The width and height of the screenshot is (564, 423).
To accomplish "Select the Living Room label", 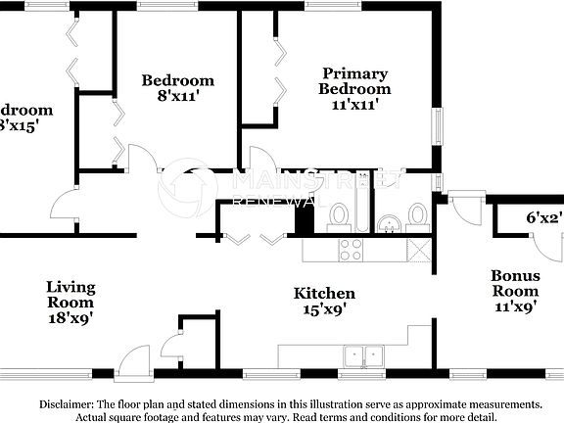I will coord(71,295).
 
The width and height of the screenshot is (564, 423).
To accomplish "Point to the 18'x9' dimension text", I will coord(71,317).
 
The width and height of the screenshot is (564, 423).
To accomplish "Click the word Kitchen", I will coord(325,294).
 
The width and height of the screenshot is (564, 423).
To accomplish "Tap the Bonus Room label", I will coord(515,284).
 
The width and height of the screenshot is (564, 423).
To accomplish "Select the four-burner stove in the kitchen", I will coord(351,250).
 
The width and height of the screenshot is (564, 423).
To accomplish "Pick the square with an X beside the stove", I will coord(418,250).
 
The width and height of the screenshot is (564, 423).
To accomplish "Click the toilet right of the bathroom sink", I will coord(417,214).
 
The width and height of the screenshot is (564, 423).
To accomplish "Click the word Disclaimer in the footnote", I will coord(67,404).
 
